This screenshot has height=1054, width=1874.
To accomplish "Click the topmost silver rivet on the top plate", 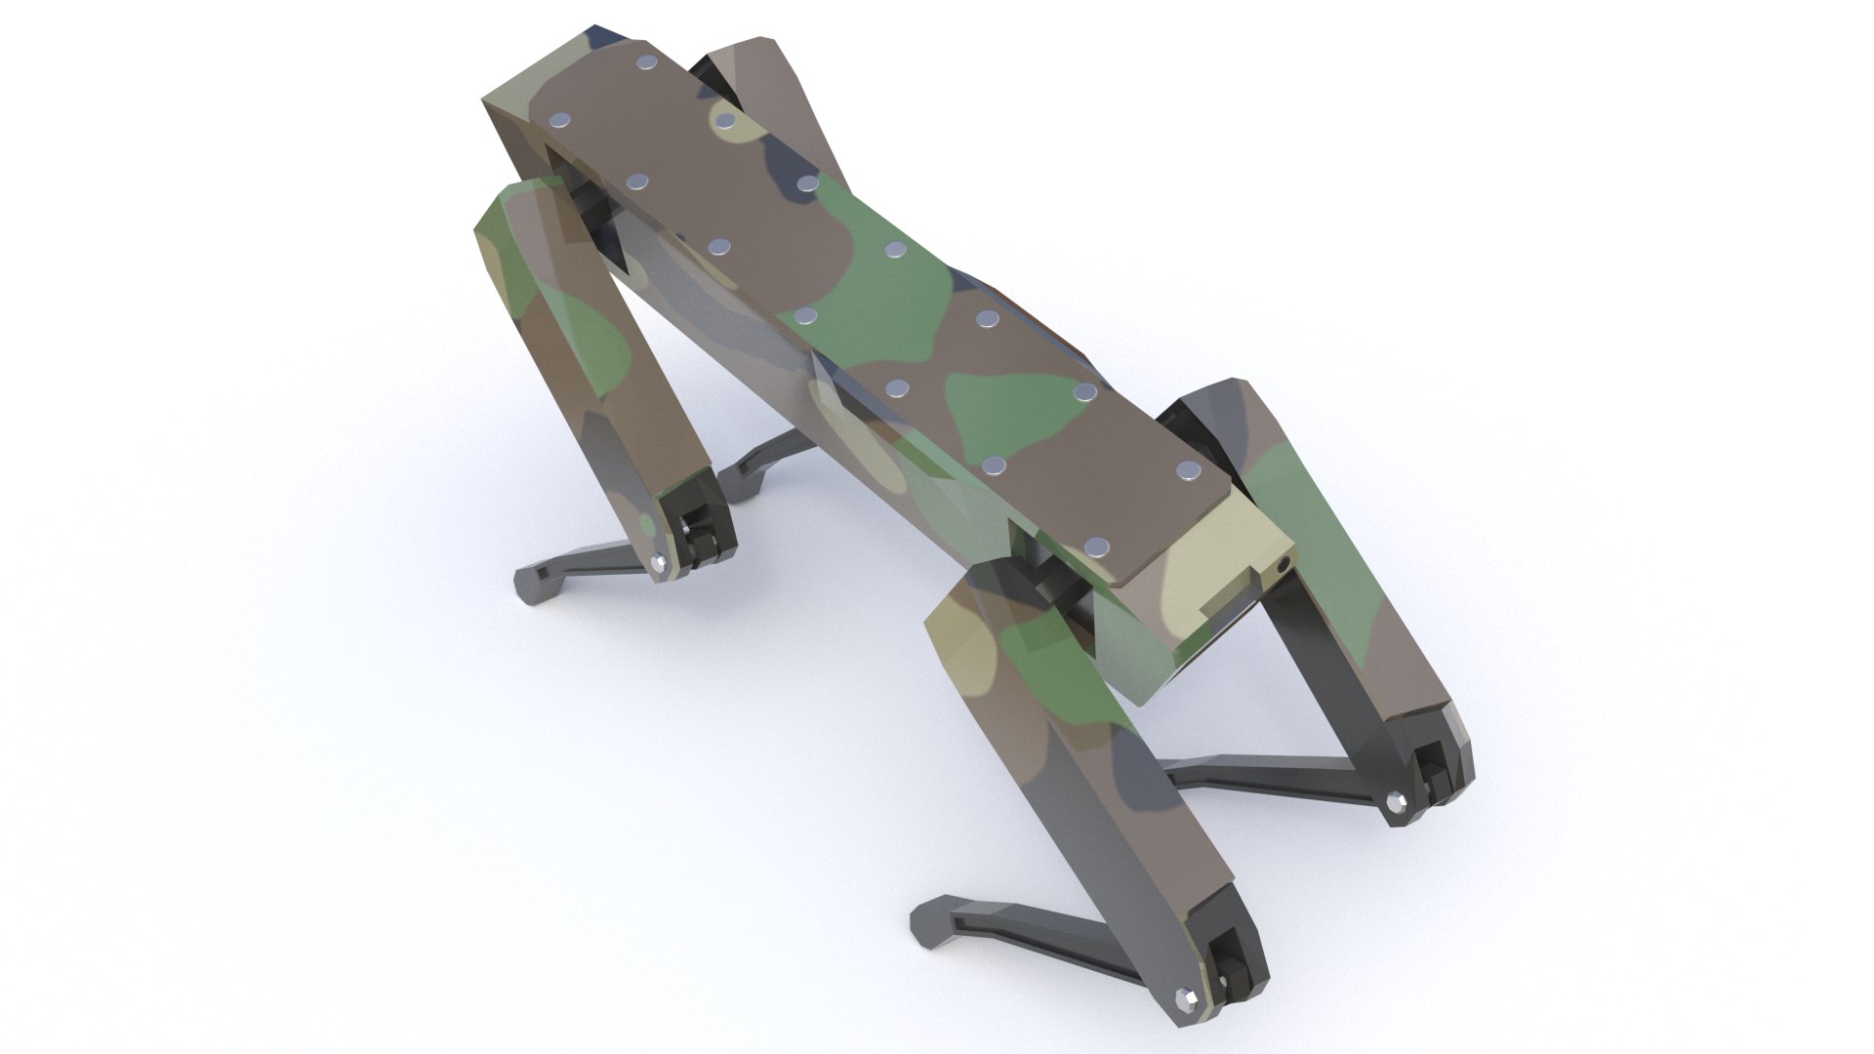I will tap(645, 63).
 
